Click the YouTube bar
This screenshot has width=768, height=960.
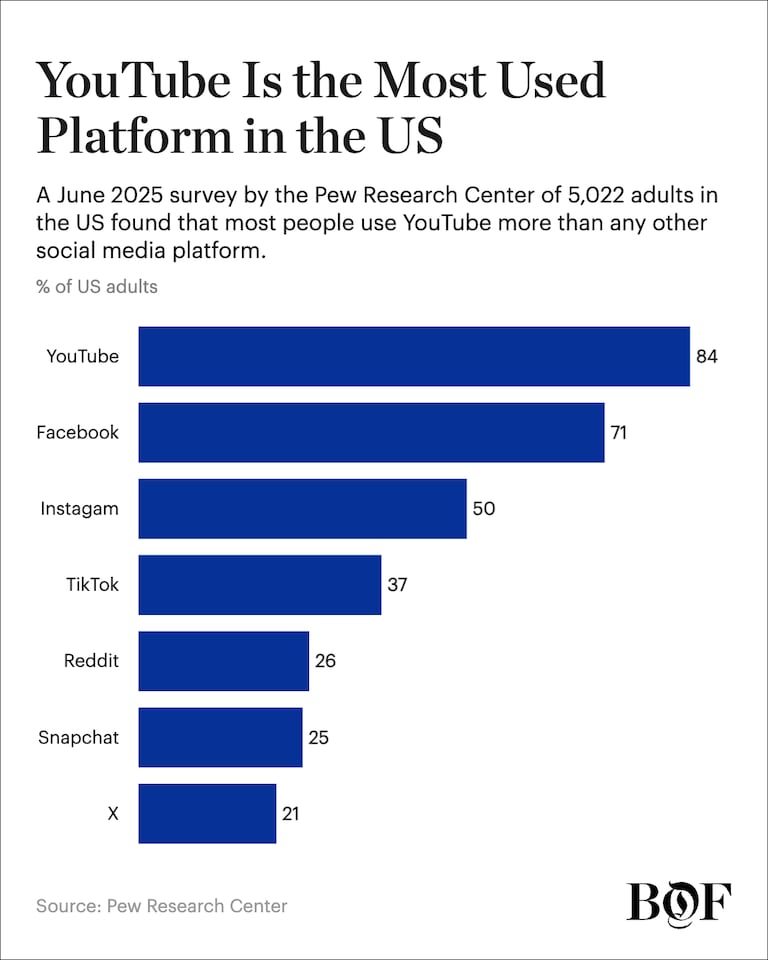click(x=414, y=356)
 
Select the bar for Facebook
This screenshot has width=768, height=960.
click(x=371, y=432)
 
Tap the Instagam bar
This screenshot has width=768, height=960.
click(x=303, y=509)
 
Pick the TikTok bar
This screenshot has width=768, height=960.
click(x=260, y=585)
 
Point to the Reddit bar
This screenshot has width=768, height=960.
click(x=224, y=661)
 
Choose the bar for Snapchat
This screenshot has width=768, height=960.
click(x=220, y=737)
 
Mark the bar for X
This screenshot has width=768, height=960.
click(x=207, y=814)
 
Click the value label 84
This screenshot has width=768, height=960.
click(x=707, y=356)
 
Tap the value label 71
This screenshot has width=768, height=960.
click(x=619, y=432)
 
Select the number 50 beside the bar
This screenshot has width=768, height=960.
click(x=484, y=509)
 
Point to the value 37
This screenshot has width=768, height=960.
click(x=397, y=585)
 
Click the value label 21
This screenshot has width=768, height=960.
click(x=290, y=814)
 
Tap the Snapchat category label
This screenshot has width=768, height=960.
click(x=78, y=737)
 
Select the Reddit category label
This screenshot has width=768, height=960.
click(x=91, y=661)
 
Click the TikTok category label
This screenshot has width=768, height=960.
click(x=92, y=585)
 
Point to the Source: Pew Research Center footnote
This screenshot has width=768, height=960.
click(x=162, y=906)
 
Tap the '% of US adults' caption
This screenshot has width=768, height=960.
click(x=97, y=287)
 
